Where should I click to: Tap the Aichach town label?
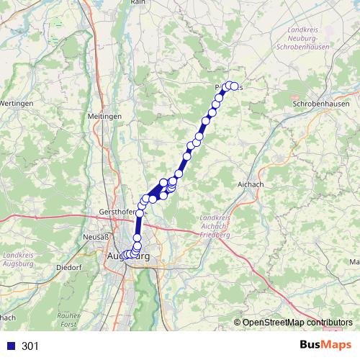click(250, 184)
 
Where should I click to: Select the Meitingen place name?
click(104, 116)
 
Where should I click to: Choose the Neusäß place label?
click(96, 237)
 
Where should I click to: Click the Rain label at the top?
click(138, 3)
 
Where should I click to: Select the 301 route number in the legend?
click(30, 346)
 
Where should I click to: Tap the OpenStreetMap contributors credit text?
click(297, 322)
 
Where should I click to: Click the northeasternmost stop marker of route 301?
click(234, 86)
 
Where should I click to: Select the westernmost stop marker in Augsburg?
click(123, 255)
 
